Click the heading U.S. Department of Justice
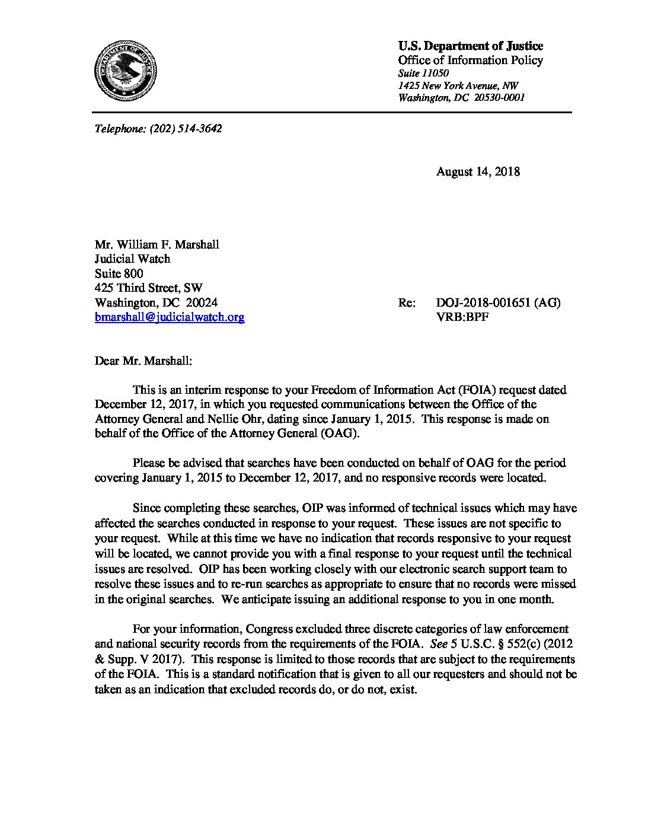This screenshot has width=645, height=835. (470, 46)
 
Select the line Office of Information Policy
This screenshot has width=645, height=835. (470, 60)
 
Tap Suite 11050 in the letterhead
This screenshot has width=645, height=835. (423, 73)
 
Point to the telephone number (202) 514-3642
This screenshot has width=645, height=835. (186, 129)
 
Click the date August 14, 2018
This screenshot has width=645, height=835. (478, 172)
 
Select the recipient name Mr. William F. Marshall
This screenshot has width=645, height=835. (157, 244)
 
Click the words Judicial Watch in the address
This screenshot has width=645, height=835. (132, 259)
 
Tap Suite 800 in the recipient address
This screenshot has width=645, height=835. (119, 273)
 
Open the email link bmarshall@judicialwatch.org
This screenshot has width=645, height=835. (170, 317)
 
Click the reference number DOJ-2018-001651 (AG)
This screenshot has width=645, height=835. (498, 303)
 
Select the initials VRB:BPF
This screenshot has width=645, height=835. (462, 317)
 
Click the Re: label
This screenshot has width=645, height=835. (407, 303)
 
